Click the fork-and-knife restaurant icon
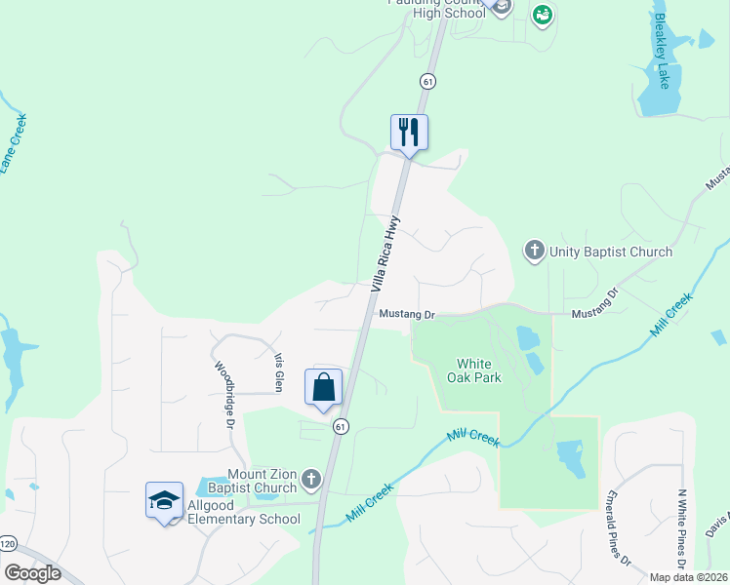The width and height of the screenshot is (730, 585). point(409,132)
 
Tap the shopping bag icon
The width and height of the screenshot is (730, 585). point(324,387)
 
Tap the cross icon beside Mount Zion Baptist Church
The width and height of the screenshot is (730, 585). point(311,479)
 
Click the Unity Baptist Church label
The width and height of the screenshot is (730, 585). point(611,252)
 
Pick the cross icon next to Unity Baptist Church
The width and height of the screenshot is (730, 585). point(535,252)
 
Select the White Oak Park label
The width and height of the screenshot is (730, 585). point(474,370)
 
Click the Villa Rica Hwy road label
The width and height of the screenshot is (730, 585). point(385,253)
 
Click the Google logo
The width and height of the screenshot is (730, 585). point(32,573)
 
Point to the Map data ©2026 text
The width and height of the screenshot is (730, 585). point(689,577)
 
